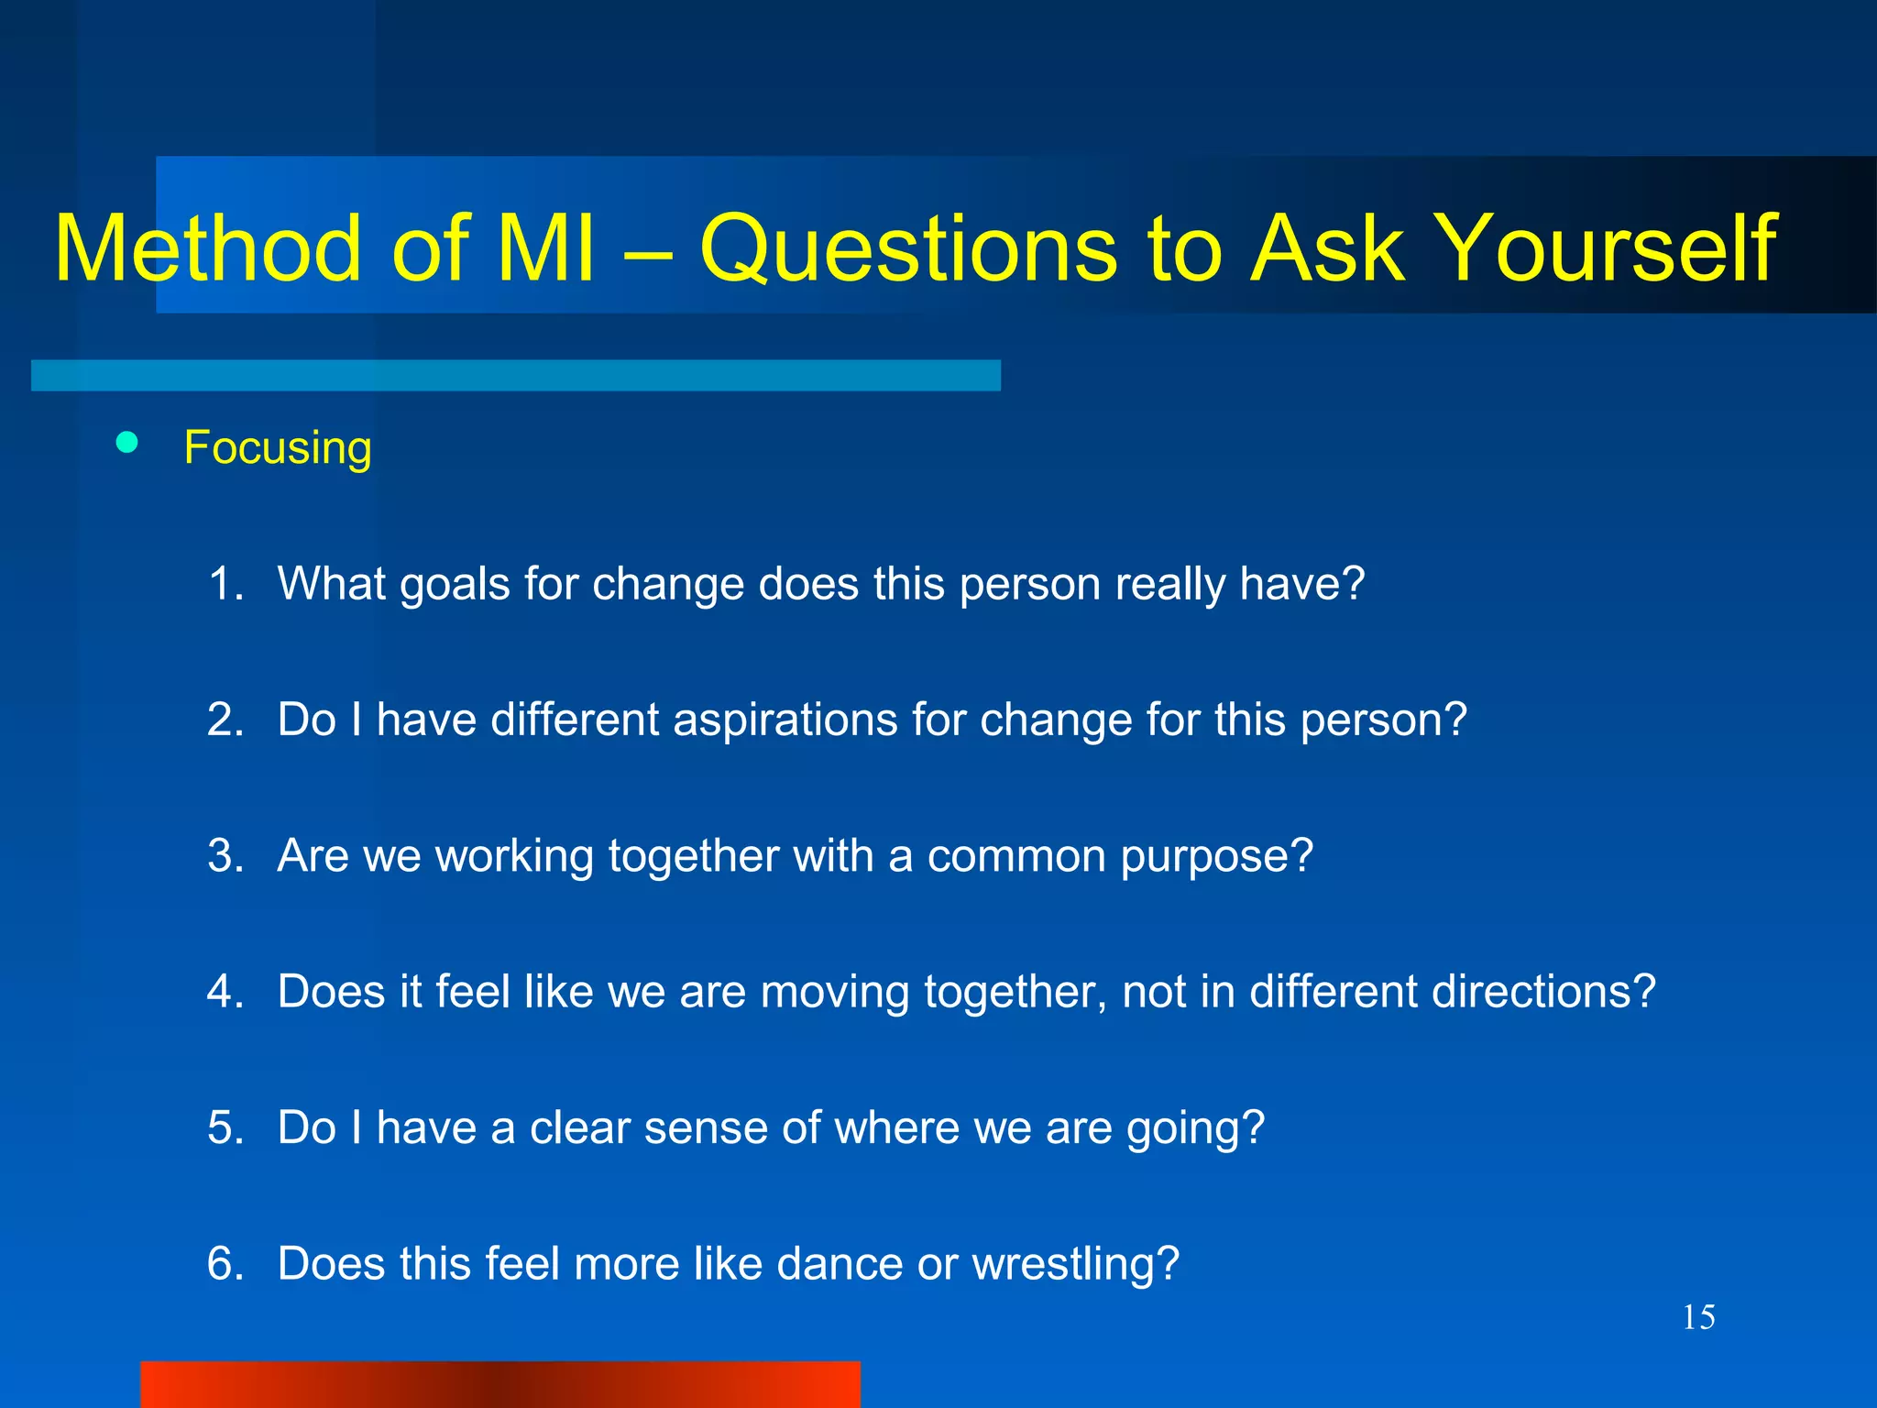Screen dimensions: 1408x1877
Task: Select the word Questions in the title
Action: click(908, 249)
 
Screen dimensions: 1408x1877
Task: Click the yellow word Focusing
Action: click(278, 448)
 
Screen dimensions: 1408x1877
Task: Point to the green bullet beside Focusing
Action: click(127, 444)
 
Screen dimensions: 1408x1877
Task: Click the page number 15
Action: click(1698, 1317)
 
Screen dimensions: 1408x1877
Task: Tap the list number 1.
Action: click(224, 583)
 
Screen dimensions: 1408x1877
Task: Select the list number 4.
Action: click(224, 991)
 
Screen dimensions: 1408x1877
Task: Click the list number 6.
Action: click(224, 1263)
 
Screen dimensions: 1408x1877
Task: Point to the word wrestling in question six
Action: click(1074, 1265)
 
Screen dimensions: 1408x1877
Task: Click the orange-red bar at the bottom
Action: click(500, 1384)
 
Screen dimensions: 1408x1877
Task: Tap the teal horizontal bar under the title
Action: click(515, 375)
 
